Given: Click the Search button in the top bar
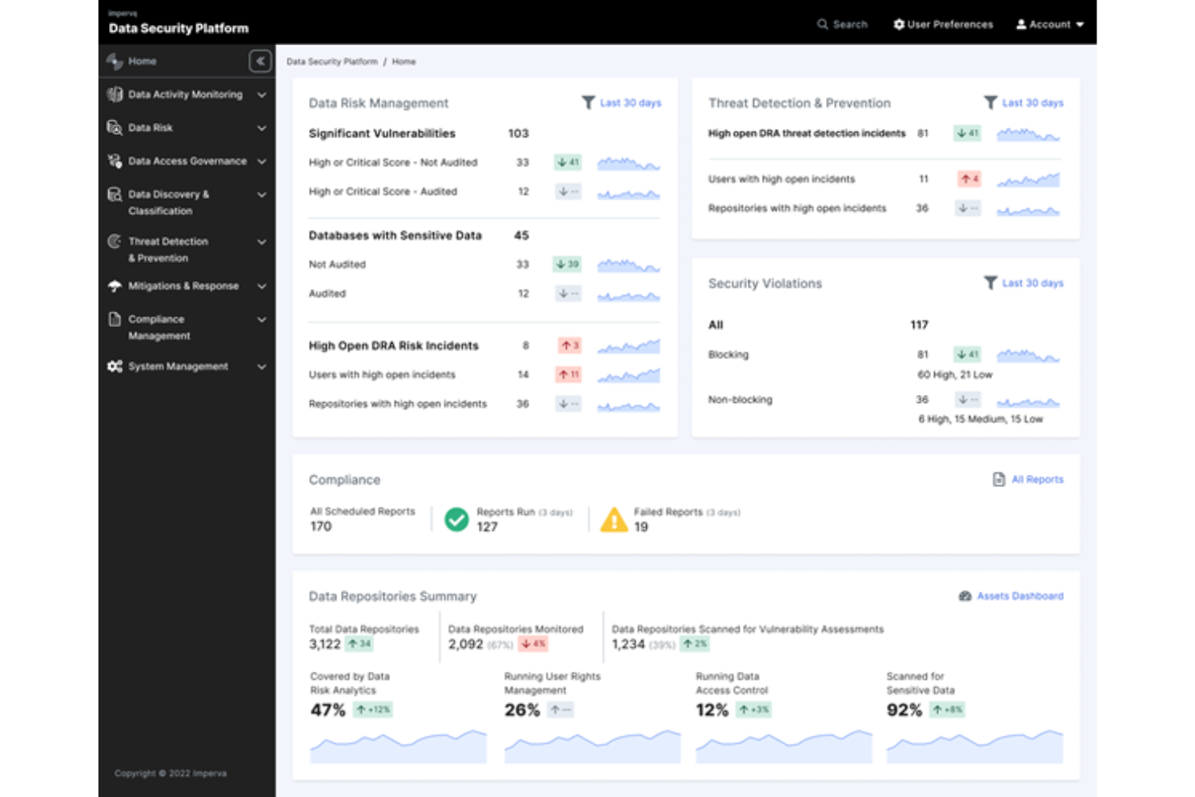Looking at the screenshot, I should [x=841, y=24].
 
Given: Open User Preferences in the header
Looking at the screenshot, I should [x=942, y=24].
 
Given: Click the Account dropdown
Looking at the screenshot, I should [x=1050, y=24].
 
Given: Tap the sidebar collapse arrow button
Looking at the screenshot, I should [x=260, y=61].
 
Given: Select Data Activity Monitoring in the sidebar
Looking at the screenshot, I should [x=185, y=94].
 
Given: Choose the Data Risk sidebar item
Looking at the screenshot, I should [x=151, y=128].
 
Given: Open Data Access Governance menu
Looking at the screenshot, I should [x=187, y=161].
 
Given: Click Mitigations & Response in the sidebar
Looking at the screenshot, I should [x=183, y=286].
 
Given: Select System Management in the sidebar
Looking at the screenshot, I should [x=178, y=367].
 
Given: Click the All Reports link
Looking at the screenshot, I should [x=1037, y=480].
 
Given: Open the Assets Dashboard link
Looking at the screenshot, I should [x=1019, y=596].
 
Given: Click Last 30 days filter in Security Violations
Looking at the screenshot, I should [x=1032, y=283].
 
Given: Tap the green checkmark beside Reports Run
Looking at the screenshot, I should [x=457, y=519].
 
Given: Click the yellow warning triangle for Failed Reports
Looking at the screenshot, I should [x=614, y=520].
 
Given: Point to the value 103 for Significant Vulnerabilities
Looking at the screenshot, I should [x=518, y=133].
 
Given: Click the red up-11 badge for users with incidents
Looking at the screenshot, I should [x=568, y=375].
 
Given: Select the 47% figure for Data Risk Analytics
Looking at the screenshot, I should [x=328, y=710].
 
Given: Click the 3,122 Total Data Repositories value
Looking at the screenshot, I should [x=325, y=644].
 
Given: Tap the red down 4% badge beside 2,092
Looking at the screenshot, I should [x=534, y=644].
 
